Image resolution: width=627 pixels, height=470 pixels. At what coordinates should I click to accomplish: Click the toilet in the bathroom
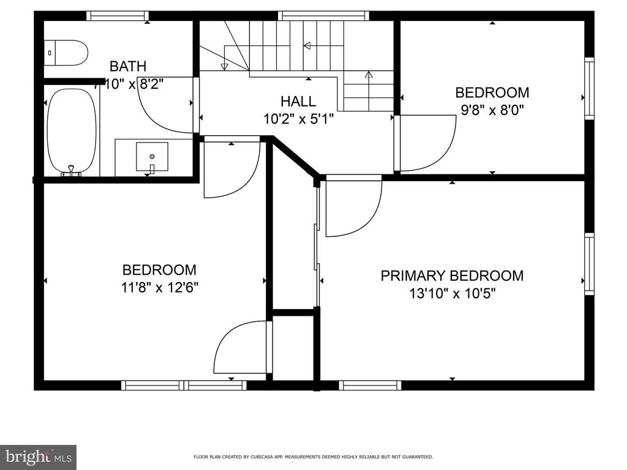click(66, 53)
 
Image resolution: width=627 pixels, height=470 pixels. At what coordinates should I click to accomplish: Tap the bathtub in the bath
click(72, 131)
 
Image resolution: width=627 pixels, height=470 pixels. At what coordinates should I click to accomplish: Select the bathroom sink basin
click(152, 156)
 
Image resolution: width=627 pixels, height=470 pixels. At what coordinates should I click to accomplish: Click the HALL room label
click(298, 101)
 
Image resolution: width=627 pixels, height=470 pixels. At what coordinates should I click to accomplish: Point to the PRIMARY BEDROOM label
click(452, 276)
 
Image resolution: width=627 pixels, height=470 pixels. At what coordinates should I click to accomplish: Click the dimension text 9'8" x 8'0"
click(492, 110)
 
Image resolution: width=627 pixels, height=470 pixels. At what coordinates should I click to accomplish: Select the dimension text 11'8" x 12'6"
click(160, 287)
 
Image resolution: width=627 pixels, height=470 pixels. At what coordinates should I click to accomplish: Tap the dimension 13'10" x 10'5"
click(452, 294)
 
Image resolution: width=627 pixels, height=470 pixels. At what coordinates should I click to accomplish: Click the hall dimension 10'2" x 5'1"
click(298, 119)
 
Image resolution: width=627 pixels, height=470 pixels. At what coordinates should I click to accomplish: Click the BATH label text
click(128, 66)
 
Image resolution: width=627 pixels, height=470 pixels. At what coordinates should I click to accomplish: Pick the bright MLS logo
click(39, 457)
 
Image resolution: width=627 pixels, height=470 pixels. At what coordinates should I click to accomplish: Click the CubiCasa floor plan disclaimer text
click(313, 457)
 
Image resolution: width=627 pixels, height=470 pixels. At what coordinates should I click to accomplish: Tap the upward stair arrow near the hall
click(369, 91)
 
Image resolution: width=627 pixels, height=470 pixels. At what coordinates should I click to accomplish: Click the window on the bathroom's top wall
click(118, 16)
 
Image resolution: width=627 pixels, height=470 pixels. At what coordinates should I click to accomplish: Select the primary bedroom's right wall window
click(589, 264)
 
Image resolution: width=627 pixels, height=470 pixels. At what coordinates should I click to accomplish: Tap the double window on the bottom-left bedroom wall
click(184, 386)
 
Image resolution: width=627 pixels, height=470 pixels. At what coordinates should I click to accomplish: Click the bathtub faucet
click(71, 171)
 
